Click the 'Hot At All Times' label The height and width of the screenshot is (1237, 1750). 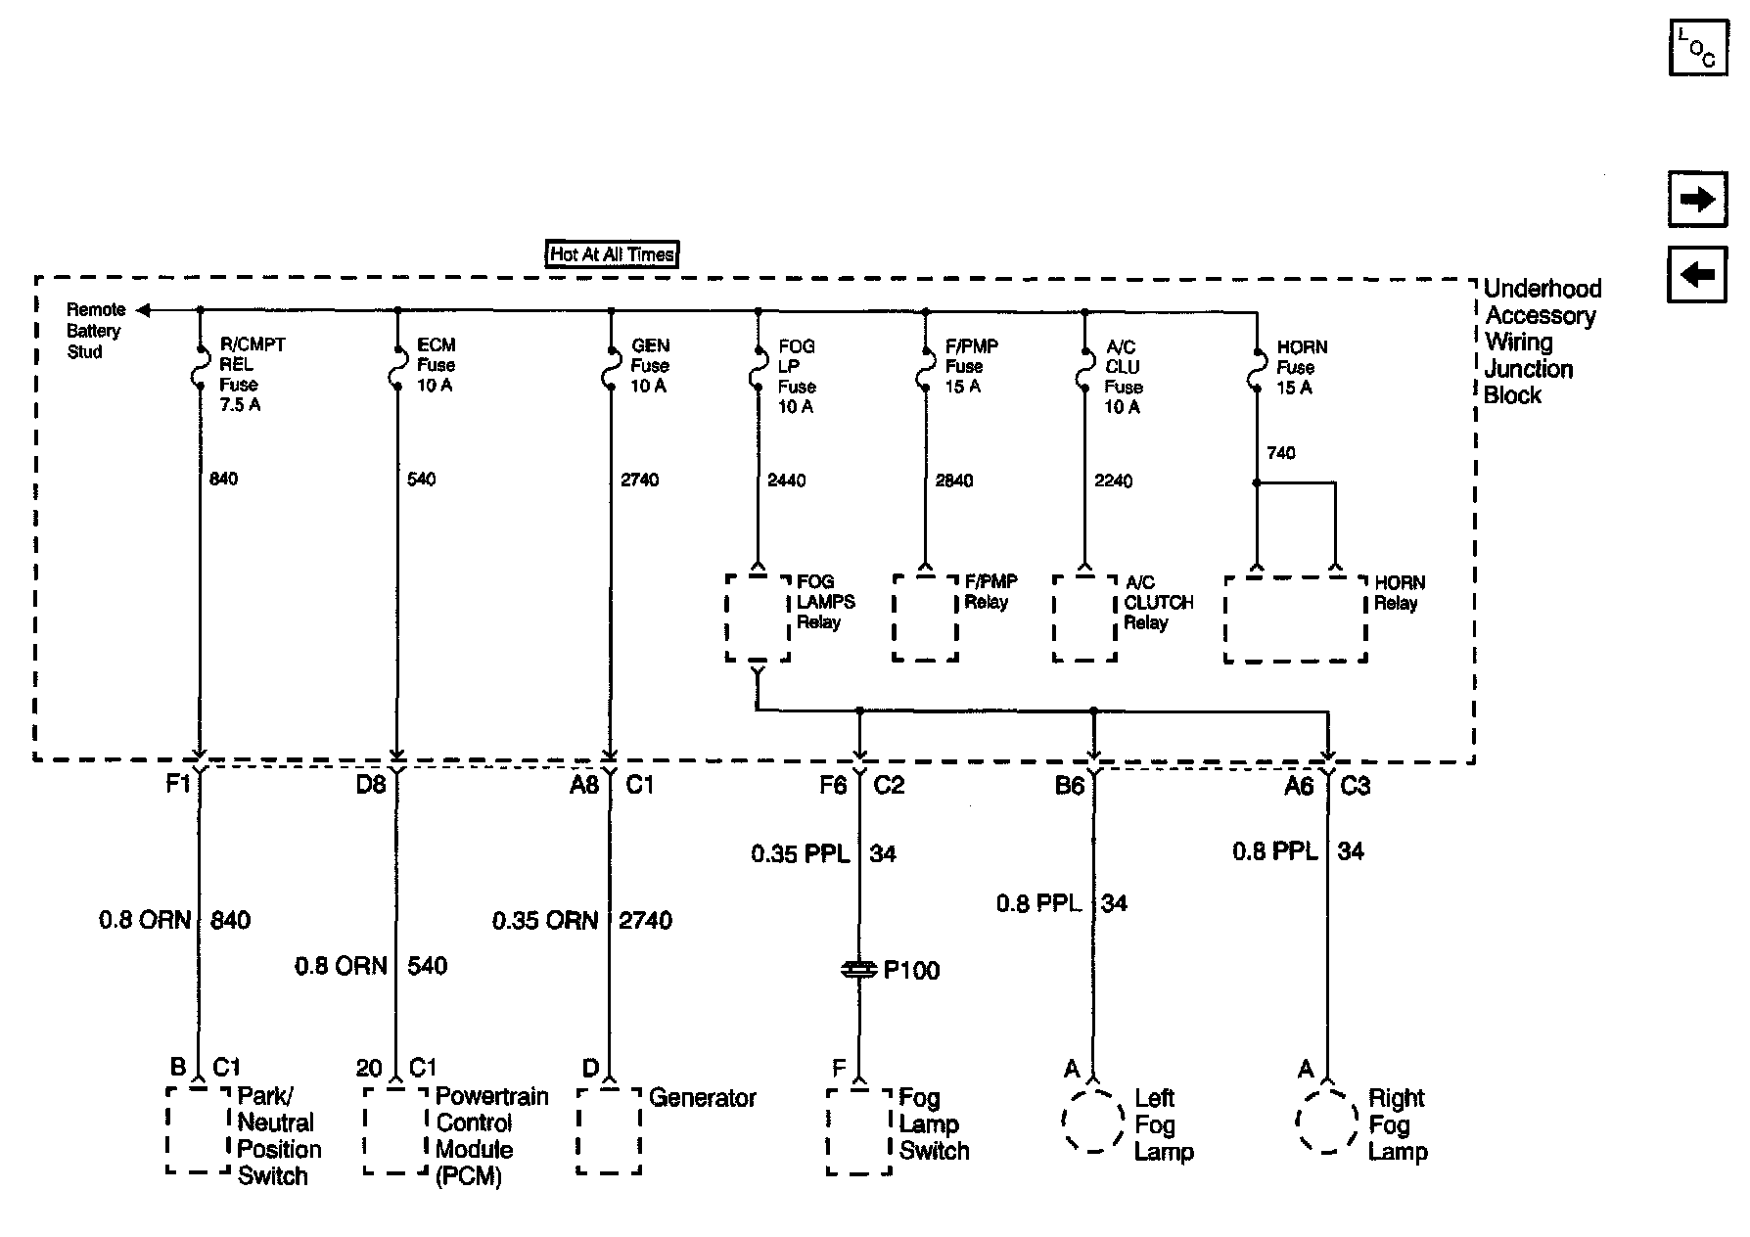(612, 254)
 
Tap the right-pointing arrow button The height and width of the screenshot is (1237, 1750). (1697, 200)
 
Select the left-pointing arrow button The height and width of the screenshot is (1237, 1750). (1697, 274)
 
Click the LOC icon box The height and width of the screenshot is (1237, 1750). (1697, 47)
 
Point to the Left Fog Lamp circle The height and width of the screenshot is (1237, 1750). (1093, 1122)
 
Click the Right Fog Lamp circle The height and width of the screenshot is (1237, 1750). (1327, 1122)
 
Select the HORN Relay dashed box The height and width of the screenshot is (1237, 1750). (1295, 618)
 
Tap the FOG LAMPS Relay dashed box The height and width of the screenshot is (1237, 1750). (758, 618)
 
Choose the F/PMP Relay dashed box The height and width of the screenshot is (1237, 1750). (925, 618)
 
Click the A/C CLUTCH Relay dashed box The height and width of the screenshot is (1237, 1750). (1084, 618)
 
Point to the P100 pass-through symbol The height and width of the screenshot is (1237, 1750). (859, 969)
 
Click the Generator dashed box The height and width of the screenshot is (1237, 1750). (609, 1130)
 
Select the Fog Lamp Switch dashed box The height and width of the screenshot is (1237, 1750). (858, 1130)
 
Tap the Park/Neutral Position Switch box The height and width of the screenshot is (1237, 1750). (199, 1130)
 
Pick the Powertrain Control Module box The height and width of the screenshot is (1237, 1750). (396, 1130)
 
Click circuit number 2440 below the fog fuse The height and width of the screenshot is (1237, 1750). (787, 481)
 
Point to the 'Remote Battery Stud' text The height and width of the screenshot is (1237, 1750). (94, 331)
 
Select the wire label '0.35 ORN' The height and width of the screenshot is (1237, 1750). (545, 921)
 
